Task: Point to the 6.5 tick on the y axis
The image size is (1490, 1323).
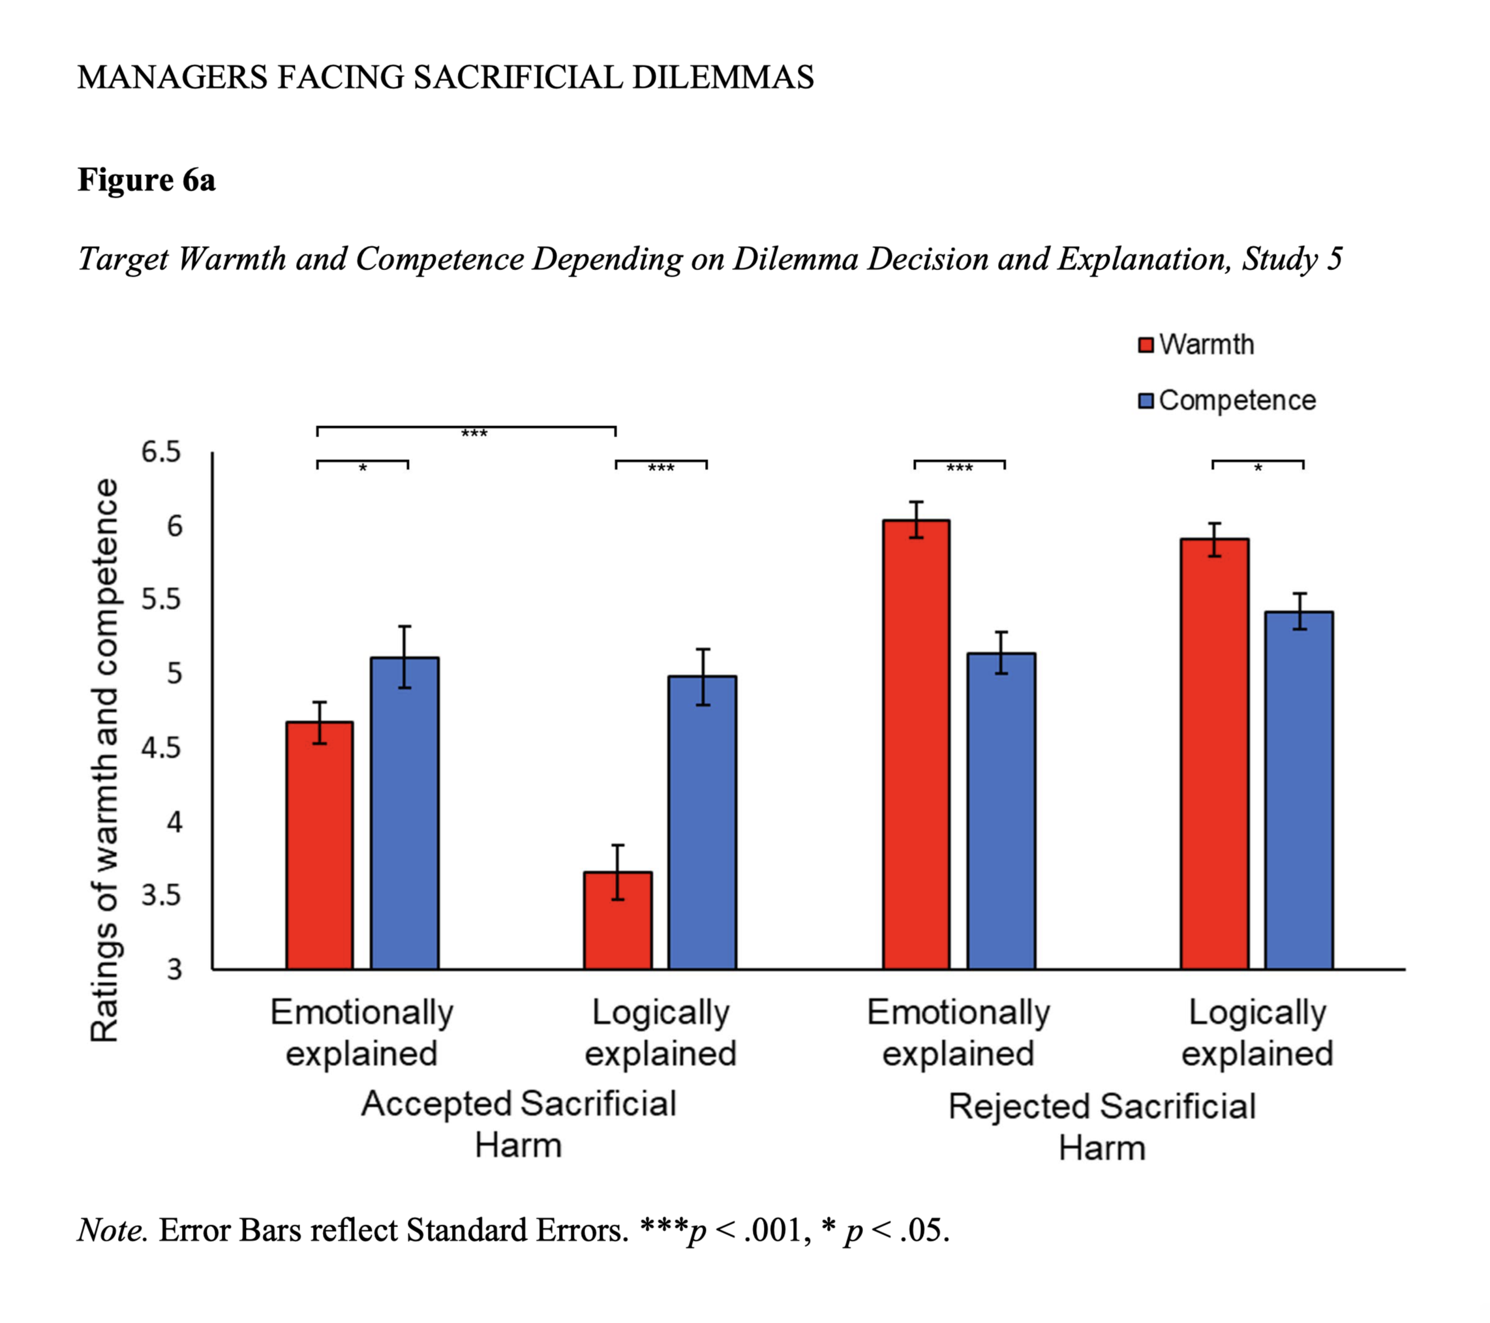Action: pyautogui.click(x=160, y=452)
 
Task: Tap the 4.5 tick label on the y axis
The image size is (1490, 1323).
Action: pyautogui.click(x=160, y=748)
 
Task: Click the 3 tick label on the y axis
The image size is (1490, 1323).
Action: pyautogui.click(x=174, y=969)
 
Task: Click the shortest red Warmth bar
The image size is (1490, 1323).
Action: pyautogui.click(x=617, y=920)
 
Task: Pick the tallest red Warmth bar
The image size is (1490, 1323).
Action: pyautogui.click(x=917, y=744)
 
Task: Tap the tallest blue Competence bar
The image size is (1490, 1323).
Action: pyautogui.click(x=1298, y=790)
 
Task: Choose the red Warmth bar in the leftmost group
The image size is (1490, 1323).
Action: pyautogui.click(x=319, y=845)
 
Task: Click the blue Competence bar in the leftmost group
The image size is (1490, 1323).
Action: pyautogui.click(x=404, y=813)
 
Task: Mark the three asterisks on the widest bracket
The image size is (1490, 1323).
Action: pyautogui.click(x=474, y=434)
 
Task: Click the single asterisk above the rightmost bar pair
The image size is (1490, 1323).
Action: pyautogui.click(x=1258, y=468)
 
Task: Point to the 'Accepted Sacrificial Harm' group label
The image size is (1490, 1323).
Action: pyautogui.click(x=518, y=1124)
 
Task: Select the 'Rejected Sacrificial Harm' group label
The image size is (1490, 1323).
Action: pyautogui.click(x=1101, y=1127)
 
